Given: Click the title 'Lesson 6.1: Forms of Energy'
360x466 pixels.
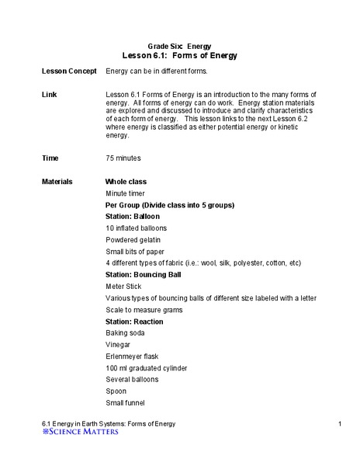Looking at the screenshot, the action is click(x=180, y=56).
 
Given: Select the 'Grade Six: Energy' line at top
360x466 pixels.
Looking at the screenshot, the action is click(x=180, y=47).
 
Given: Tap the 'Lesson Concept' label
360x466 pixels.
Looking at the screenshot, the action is click(x=64, y=71).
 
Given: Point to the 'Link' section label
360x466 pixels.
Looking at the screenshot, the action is click(x=49, y=93).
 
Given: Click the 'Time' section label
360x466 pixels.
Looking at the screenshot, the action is click(x=50, y=158).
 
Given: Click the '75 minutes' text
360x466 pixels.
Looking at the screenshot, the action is click(x=123, y=158).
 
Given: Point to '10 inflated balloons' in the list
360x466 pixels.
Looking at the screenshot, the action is click(x=136, y=228).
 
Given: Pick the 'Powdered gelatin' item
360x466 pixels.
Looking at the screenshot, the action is click(x=133, y=240).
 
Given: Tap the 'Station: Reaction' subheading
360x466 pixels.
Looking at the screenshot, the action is click(x=138, y=321).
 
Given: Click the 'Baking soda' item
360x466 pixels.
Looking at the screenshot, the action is click(x=126, y=332).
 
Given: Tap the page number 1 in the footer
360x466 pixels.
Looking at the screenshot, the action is click(x=341, y=423).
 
